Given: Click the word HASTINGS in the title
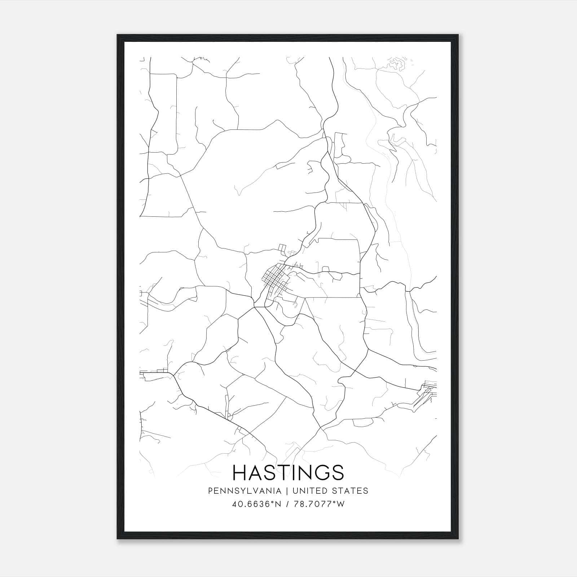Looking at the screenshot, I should coord(288,472).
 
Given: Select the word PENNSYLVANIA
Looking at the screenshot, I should coord(245,491).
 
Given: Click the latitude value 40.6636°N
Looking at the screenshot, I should coord(256,504).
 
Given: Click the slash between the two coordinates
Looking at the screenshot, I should coord(287,504).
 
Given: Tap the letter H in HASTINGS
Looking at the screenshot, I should coord(240,472).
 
